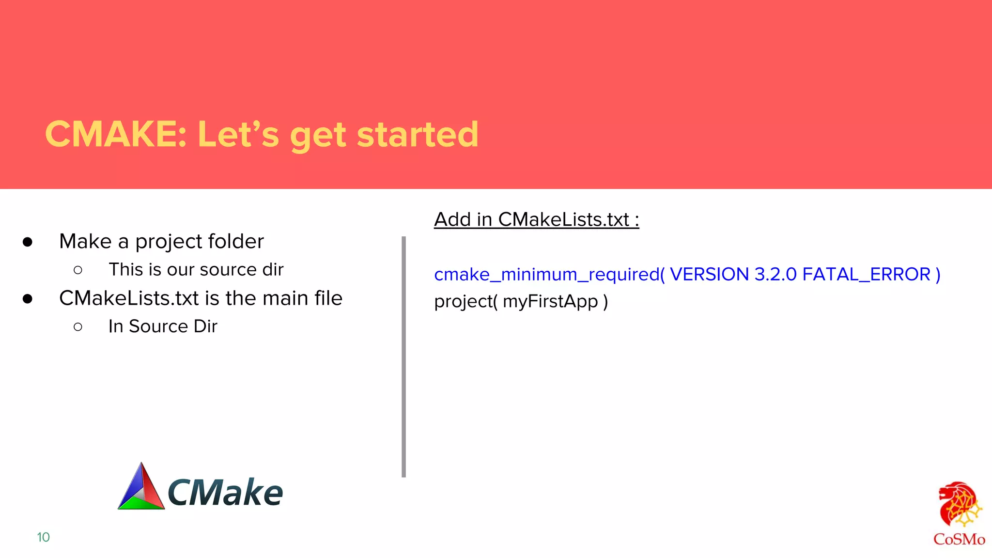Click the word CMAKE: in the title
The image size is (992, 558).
(115, 134)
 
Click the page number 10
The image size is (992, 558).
(43, 537)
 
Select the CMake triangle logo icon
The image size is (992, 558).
(141, 488)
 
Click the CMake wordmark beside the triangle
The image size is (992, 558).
(225, 493)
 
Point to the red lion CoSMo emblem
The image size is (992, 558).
(959, 504)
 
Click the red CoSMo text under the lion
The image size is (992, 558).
(959, 539)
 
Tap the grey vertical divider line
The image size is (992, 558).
(403, 356)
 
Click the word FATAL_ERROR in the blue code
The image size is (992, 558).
(867, 275)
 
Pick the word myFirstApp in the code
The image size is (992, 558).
(550, 302)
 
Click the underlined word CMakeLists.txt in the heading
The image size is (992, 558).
(563, 219)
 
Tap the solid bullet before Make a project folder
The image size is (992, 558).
(28, 242)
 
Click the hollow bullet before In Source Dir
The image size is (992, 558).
(78, 327)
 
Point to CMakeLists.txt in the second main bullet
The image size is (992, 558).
(129, 298)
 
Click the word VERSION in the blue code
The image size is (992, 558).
(709, 275)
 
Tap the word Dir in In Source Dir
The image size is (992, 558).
(205, 326)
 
